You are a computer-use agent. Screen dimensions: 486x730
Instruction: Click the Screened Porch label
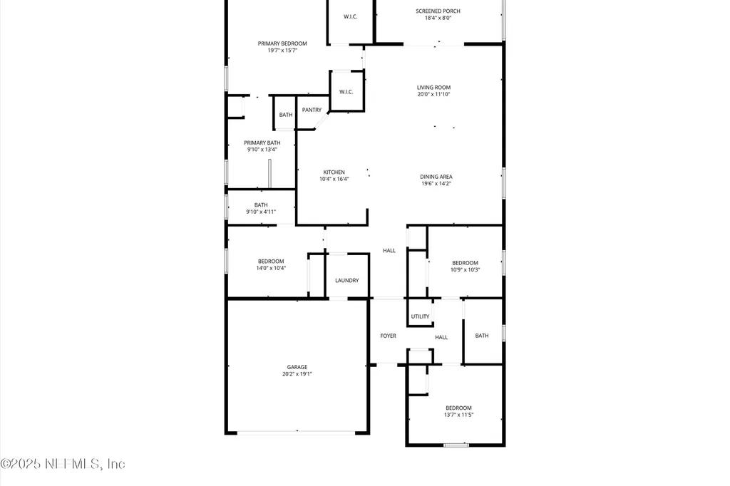tap(438, 11)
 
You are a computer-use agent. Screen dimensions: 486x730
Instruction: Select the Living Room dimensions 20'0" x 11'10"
tap(433, 94)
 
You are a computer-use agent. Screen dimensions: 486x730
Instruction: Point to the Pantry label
tap(312, 110)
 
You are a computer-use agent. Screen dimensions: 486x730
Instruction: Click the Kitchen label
tap(334, 172)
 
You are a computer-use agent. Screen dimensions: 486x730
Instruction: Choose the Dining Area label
tap(436, 177)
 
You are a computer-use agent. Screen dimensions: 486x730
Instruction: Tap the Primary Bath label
tap(262, 143)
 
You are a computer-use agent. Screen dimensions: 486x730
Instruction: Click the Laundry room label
tap(347, 281)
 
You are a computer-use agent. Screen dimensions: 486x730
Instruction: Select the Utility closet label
tap(420, 316)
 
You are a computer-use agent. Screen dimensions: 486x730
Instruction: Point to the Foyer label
tap(388, 336)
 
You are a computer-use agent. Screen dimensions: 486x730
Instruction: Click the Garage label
tap(297, 367)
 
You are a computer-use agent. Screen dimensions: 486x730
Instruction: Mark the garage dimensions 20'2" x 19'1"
tap(297, 374)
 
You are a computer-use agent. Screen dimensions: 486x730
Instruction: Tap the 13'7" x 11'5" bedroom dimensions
tap(458, 415)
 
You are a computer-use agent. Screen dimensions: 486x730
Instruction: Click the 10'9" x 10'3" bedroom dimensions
tap(465, 269)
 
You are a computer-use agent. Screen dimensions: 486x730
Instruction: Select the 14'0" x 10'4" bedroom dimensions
tap(271, 268)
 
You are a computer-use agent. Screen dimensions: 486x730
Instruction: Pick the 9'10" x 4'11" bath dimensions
tap(261, 212)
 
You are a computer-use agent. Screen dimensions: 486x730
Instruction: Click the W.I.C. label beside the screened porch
tap(350, 16)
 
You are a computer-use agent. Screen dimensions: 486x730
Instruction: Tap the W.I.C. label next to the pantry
tap(346, 92)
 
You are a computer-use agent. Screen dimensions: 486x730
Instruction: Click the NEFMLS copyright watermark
tap(63, 464)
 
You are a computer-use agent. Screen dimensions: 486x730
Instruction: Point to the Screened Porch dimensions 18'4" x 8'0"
tap(438, 18)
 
